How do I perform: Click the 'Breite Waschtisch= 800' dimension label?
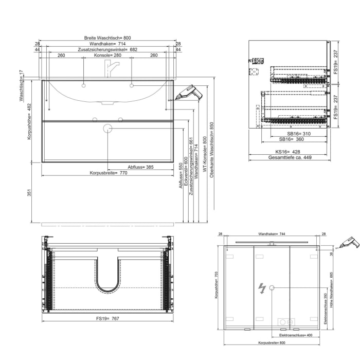click(107, 38)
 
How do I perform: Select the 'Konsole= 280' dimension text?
click(107, 55)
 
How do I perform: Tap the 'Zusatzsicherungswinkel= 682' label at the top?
click(107, 49)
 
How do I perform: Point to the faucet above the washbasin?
click(111, 67)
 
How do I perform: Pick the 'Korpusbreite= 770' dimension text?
click(108, 173)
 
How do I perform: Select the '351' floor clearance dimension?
click(30, 192)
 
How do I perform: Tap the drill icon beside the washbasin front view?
click(188, 93)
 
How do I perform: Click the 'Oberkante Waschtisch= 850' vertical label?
click(211, 149)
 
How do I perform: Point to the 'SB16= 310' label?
click(298, 133)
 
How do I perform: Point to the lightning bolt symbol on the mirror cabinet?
click(262, 289)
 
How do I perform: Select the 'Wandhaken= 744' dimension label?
click(272, 233)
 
